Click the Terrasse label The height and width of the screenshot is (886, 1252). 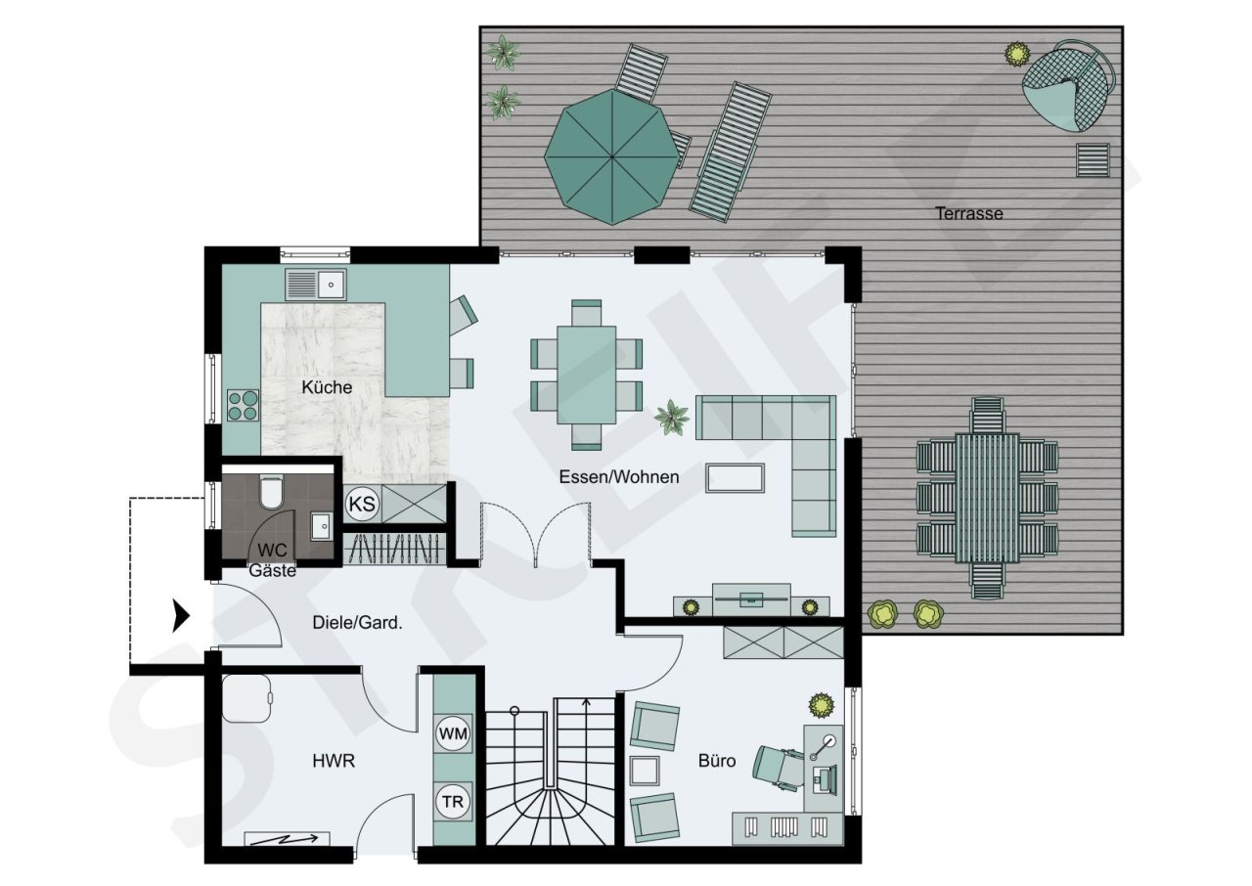pyautogui.click(x=968, y=213)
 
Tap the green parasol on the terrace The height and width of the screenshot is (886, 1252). pyautogui.click(x=611, y=156)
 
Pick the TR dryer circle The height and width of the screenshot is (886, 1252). pyautogui.click(x=453, y=802)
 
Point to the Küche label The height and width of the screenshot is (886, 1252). pyautogui.click(x=326, y=387)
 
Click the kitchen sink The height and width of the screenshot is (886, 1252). pyautogui.click(x=317, y=285)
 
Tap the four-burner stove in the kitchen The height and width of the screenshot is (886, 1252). pyautogui.click(x=244, y=405)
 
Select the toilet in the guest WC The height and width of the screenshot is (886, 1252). pyautogui.click(x=271, y=491)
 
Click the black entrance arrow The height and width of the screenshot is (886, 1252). pyautogui.click(x=180, y=616)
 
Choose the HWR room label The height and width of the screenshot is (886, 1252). pyautogui.click(x=334, y=761)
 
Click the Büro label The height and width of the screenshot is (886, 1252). pyautogui.click(x=716, y=761)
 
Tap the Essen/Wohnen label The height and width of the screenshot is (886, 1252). pyautogui.click(x=619, y=477)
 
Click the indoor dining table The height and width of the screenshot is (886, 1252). pyautogui.click(x=586, y=374)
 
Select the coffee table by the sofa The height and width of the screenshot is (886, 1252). pyautogui.click(x=735, y=478)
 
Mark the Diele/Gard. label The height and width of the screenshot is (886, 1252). pyautogui.click(x=357, y=622)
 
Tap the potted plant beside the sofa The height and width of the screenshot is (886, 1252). pyautogui.click(x=672, y=418)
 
